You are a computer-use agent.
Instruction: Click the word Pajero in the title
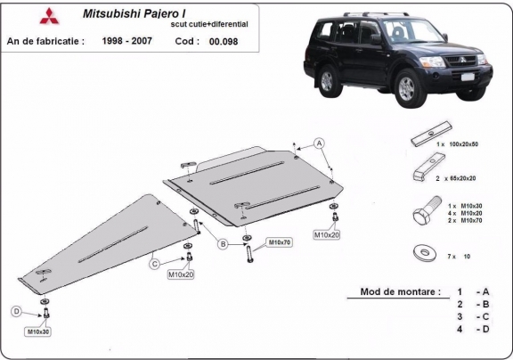coord(168,14)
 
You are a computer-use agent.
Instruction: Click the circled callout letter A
coord(318,143)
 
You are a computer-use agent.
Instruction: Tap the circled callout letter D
coord(15,311)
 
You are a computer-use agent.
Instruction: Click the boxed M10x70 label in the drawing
coord(280,241)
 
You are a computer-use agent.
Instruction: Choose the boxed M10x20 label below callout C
coord(181,274)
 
